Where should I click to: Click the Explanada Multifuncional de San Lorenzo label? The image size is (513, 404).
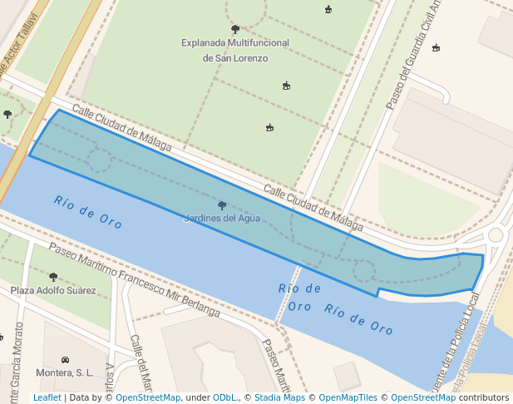point(235,50)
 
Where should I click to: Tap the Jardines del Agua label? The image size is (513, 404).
point(222,219)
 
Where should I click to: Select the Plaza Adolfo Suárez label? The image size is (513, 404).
point(53,291)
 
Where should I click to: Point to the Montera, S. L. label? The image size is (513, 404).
point(65,373)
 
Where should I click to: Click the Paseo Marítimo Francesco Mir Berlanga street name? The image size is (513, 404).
point(133,279)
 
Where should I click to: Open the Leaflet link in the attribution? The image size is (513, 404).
point(47,398)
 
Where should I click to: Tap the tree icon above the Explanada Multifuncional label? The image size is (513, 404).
point(235,29)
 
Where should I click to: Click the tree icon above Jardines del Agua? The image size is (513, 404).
point(222,205)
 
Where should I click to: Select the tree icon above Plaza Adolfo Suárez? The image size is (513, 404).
point(53,277)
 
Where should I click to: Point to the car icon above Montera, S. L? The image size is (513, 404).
point(65,359)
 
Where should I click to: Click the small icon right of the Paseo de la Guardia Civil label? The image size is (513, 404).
point(436,47)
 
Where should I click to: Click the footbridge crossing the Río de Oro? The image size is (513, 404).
point(288,292)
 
